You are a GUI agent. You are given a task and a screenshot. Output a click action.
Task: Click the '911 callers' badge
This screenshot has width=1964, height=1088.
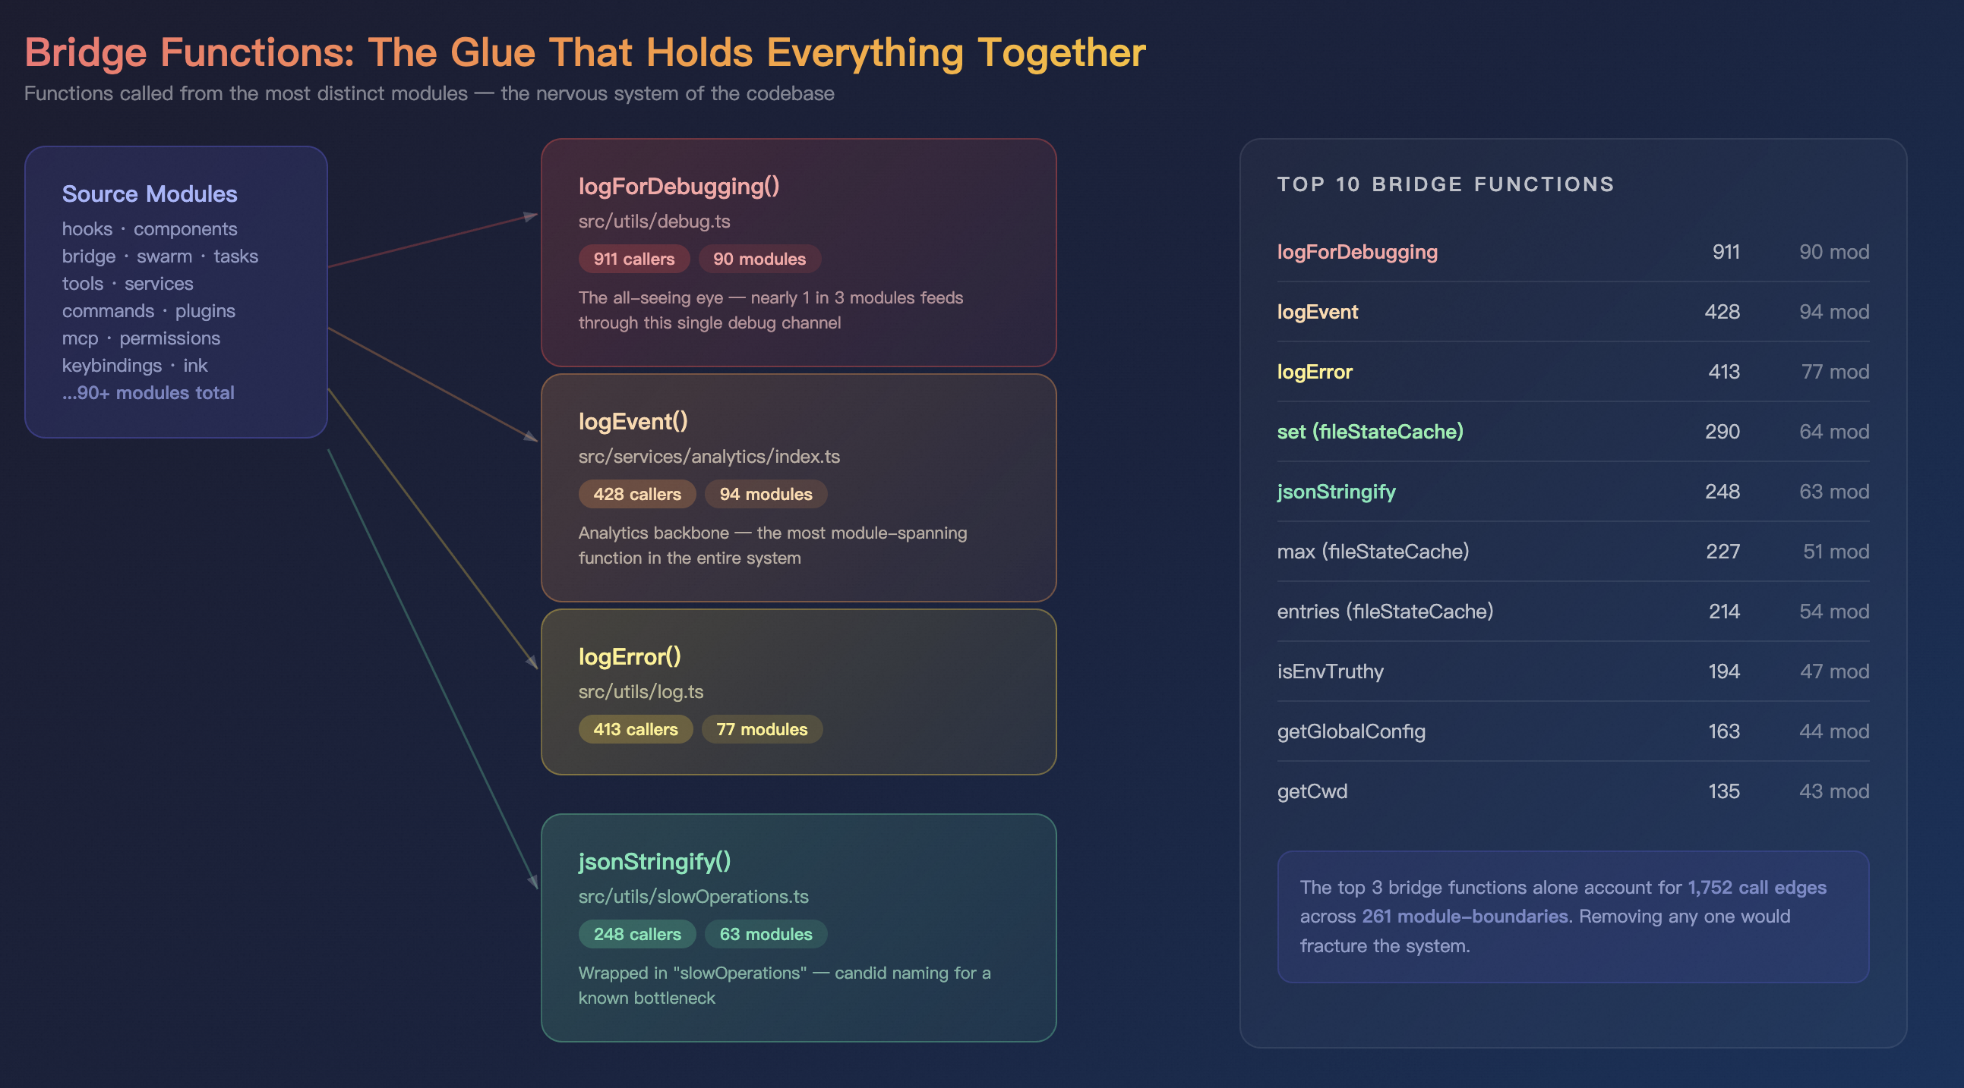(633, 259)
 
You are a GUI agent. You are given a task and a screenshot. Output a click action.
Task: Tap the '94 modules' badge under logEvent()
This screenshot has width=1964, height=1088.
(766, 495)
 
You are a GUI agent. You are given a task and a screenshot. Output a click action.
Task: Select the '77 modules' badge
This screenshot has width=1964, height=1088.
(762, 729)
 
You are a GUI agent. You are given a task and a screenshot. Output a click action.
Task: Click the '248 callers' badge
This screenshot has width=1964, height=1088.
(636, 934)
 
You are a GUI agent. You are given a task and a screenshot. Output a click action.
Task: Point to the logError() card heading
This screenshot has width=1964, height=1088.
(630, 657)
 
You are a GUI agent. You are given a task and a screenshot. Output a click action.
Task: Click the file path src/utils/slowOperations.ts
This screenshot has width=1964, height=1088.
(693, 897)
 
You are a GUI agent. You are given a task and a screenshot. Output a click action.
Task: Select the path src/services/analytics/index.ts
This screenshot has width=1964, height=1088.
(709, 457)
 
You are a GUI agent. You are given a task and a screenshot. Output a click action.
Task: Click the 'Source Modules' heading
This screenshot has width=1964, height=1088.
(150, 194)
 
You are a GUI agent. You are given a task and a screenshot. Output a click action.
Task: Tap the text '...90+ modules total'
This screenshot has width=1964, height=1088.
(148, 393)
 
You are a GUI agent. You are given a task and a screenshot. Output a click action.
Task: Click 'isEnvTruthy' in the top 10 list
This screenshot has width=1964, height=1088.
(1330, 671)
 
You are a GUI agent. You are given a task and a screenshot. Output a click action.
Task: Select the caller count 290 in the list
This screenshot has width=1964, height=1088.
(1722, 432)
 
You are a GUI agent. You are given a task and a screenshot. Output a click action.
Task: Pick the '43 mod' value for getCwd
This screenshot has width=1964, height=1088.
(1833, 791)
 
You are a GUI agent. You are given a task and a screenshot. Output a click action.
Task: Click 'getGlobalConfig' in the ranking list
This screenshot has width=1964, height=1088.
(1351, 731)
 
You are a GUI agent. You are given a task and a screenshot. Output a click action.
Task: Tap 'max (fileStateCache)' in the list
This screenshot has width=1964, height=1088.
(1372, 552)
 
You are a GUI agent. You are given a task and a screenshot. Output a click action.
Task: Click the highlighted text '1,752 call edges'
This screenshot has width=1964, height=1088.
(1757, 888)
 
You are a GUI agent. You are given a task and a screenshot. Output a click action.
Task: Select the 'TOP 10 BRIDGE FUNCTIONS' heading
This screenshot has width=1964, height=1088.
(1445, 184)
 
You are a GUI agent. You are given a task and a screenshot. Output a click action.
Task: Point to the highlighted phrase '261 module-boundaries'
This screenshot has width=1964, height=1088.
(1464, 917)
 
